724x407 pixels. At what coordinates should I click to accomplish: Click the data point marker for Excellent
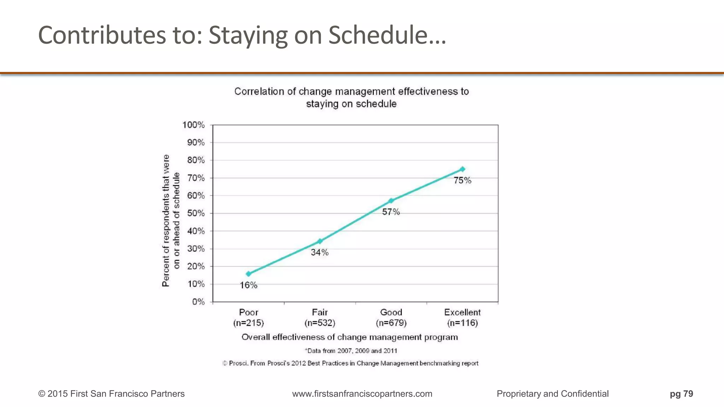tap(462, 169)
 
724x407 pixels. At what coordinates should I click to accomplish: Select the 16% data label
tap(249, 285)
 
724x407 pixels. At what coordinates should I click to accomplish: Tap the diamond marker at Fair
tap(320, 241)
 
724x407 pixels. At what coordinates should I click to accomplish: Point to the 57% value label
tap(391, 212)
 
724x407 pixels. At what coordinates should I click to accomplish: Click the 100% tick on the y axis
tap(193, 125)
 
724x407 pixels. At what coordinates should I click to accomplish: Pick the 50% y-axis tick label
tap(196, 213)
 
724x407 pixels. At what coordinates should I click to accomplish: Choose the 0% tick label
tap(198, 302)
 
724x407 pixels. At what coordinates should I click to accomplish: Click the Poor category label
tap(249, 312)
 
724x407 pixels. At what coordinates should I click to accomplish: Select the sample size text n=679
tap(391, 323)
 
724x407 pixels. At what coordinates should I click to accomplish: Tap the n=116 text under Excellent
tap(462, 323)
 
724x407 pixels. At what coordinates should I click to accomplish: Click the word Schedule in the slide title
tap(387, 35)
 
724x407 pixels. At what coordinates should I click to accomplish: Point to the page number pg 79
tap(681, 394)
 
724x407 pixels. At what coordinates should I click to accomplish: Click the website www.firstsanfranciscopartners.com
tap(362, 394)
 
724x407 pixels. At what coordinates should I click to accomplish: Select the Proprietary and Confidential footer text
tap(553, 394)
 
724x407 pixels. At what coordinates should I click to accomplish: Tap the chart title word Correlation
tap(260, 92)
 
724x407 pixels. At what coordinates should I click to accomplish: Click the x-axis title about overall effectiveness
tap(350, 337)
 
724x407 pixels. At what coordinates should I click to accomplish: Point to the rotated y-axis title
tap(171, 220)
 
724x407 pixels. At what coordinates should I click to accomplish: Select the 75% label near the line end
tap(462, 181)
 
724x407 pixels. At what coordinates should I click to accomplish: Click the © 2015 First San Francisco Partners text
tap(111, 394)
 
